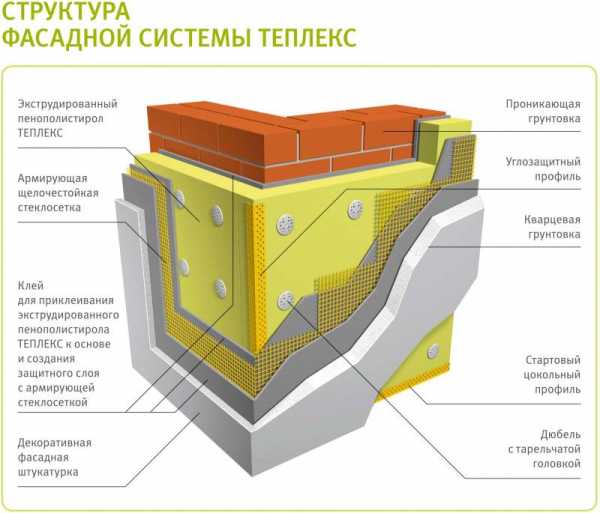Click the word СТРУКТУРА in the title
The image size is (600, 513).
[x=66, y=10]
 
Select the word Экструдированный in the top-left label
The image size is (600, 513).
[x=67, y=104]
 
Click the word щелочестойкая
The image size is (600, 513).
[x=58, y=193]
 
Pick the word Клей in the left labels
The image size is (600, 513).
[x=31, y=286]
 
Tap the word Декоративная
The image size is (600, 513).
[x=54, y=443]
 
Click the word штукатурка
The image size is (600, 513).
[x=48, y=472]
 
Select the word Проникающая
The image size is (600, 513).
[x=543, y=104]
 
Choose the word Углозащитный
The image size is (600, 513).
[x=543, y=162]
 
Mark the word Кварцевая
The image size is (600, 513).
[x=552, y=220]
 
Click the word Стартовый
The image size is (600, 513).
[x=553, y=360]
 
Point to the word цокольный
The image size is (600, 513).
[x=552, y=375]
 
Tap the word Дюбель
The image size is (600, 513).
[x=561, y=435]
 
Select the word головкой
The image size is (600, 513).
[x=557, y=464]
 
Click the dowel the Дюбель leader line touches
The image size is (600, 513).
[x=285, y=300]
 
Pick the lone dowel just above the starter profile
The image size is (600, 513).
[x=433, y=351]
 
